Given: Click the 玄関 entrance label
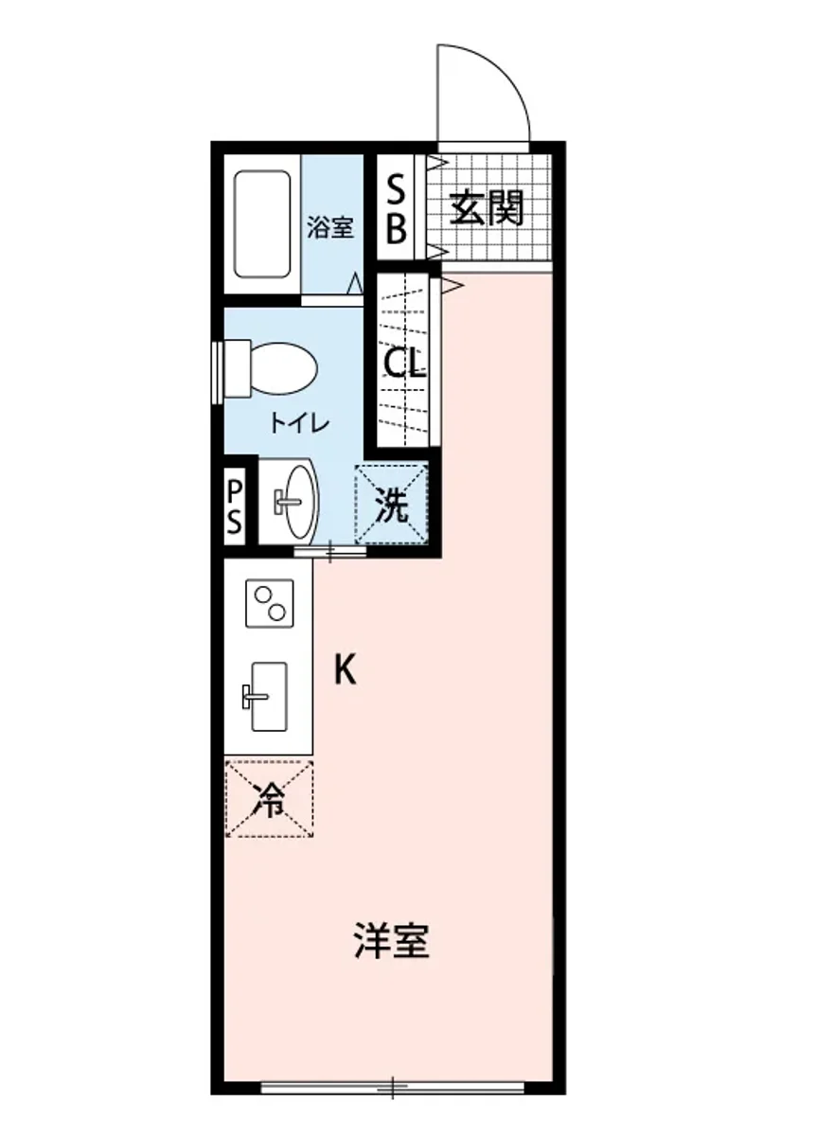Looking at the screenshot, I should [x=487, y=208].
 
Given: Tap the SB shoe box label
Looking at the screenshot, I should [x=397, y=209].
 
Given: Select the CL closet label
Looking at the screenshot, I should [x=404, y=364].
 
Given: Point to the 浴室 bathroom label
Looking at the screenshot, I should [x=330, y=228].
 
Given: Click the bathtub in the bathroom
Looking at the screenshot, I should [x=262, y=224].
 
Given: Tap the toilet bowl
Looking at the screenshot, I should [x=282, y=369].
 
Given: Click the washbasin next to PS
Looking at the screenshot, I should [x=298, y=500].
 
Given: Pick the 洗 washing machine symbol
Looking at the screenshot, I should [x=392, y=507].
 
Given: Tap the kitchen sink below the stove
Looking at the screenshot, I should [x=268, y=697].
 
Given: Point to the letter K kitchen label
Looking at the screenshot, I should [x=345, y=671].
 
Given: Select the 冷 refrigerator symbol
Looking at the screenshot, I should [x=269, y=801].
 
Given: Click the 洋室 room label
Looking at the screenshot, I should [x=392, y=942].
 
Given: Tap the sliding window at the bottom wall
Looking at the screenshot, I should [x=392, y=1088].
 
